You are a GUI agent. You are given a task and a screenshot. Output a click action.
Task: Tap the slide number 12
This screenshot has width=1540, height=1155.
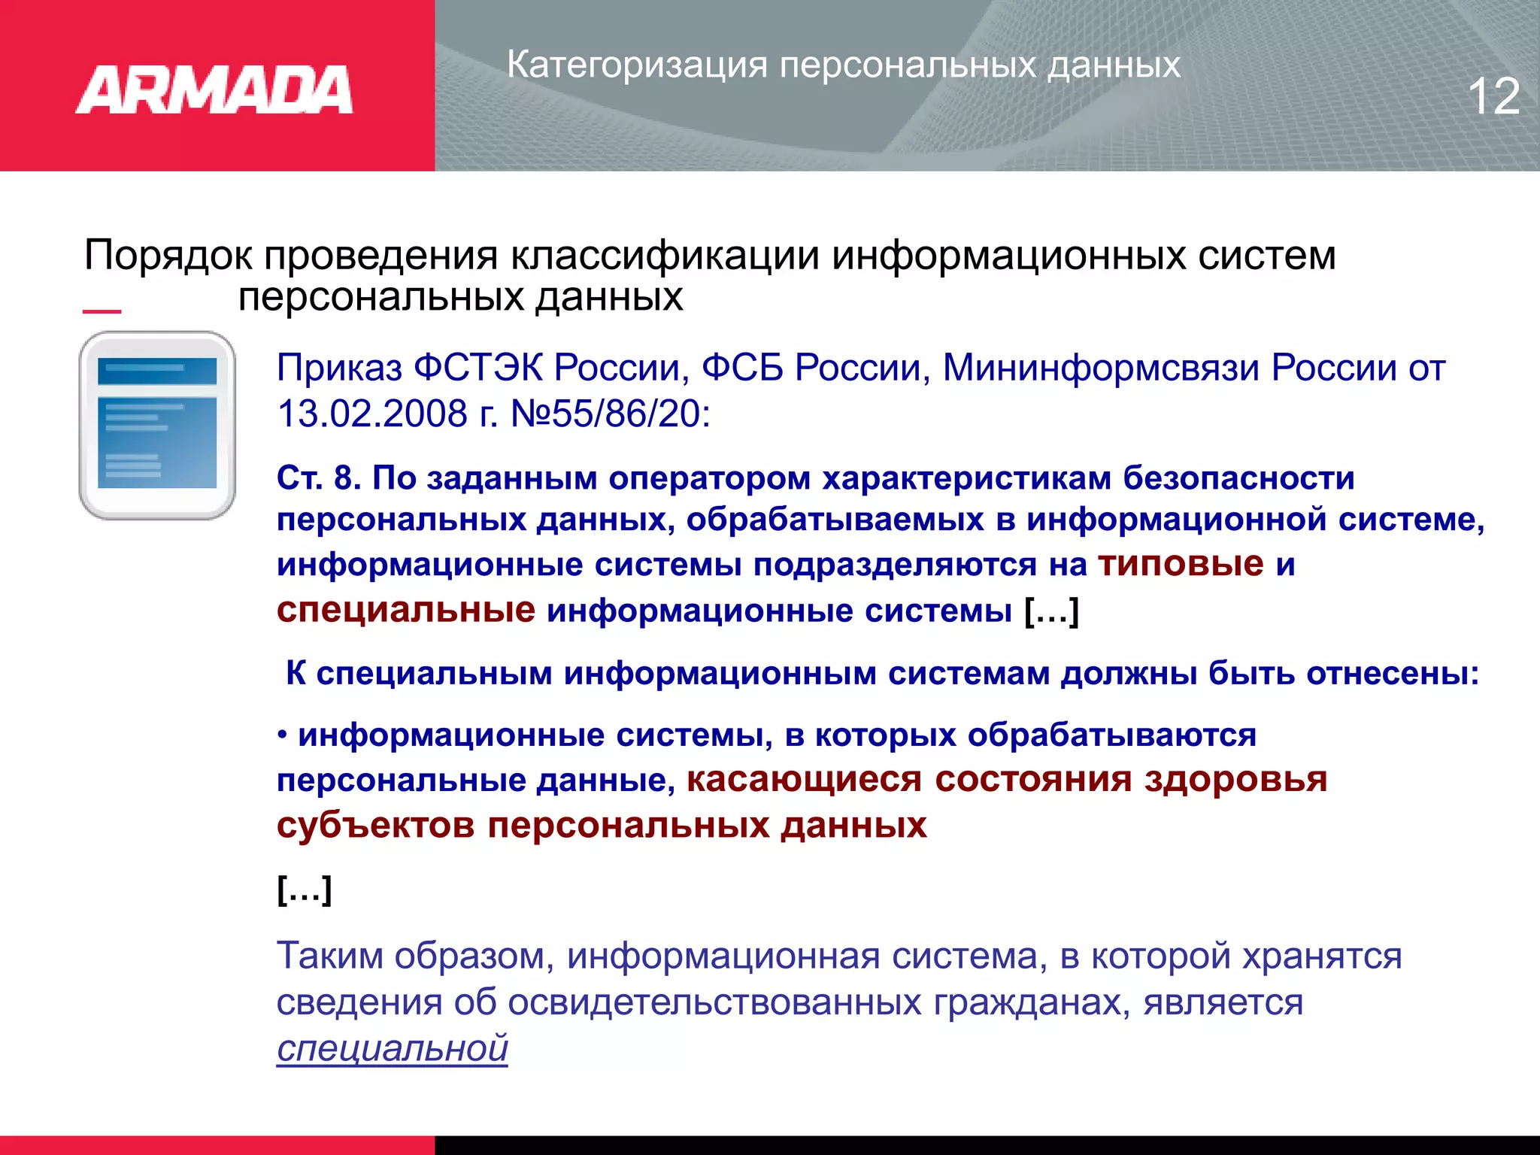pyautogui.click(x=1493, y=96)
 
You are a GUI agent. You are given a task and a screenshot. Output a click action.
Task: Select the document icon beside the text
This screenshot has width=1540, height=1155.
pyautogui.click(x=157, y=425)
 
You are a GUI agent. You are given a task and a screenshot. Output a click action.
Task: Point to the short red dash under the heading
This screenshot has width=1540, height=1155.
pyautogui.click(x=102, y=311)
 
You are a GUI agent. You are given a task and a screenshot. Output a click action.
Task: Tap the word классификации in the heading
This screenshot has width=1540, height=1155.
pyautogui.click(x=665, y=256)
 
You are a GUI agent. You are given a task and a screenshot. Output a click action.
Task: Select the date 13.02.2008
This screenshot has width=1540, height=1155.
pyautogui.click(x=372, y=414)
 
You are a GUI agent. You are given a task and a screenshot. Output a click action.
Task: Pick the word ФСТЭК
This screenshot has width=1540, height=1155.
pyautogui.click(x=477, y=368)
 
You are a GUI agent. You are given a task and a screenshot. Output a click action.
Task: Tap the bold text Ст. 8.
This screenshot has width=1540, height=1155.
pyautogui.click(x=319, y=478)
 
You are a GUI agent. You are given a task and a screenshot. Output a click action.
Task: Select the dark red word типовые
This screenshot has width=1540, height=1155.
pyautogui.click(x=1181, y=564)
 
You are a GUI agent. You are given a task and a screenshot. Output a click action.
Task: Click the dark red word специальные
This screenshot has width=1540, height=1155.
pyautogui.click(x=406, y=610)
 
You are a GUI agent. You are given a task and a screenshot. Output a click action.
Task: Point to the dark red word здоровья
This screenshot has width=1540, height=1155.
pyautogui.click(x=1235, y=779)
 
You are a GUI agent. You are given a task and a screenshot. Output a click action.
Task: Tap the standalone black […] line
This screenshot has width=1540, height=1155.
pyautogui.click(x=305, y=890)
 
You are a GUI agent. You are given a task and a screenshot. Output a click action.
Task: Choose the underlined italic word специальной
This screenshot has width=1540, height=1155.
pyautogui.click(x=393, y=1048)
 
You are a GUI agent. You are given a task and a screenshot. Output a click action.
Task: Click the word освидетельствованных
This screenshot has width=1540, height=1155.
pyautogui.click(x=714, y=1002)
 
